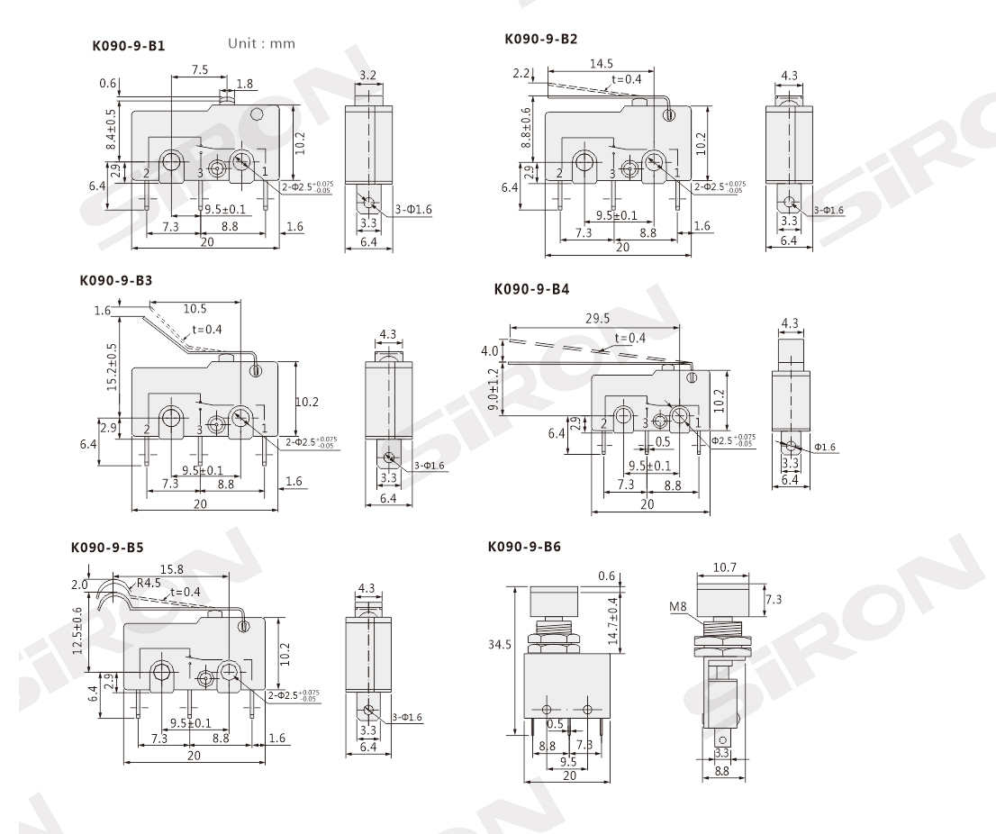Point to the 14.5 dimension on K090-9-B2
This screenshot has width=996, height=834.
coord(602,65)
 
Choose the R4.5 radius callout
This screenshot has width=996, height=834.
coord(149,582)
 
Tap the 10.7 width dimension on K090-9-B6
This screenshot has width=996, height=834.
coord(726,568)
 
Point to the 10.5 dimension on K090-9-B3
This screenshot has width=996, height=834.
coord(195,308)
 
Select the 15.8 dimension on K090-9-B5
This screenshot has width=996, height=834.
coord(172,570)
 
